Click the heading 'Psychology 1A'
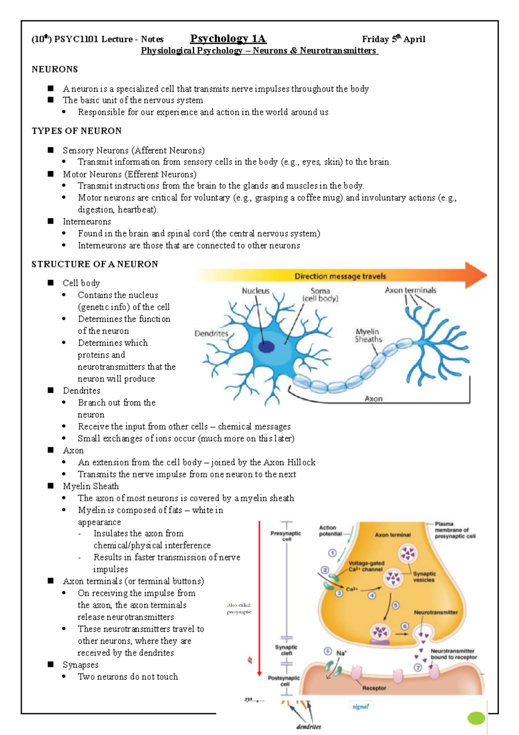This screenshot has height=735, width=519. (228, 39)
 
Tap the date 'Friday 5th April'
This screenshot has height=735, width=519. (393, 39)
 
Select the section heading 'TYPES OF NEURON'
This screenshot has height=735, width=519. (77, 131)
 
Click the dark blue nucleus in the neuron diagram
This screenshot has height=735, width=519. (266, 346)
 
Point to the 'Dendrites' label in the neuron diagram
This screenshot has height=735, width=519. (211, 334)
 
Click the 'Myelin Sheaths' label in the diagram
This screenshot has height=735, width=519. (368, 336)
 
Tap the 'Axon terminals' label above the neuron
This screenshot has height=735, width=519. (410, 290)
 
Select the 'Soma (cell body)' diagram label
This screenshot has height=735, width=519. (320, 295)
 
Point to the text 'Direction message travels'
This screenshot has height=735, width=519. (340, 276)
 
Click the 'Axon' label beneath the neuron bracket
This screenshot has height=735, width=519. (373, 399)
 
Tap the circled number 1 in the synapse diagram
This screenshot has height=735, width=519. (332, 553)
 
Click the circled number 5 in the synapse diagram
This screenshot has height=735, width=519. (395, 606)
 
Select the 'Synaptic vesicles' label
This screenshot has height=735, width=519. (424, 577)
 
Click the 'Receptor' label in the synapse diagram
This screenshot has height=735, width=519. (374, 688)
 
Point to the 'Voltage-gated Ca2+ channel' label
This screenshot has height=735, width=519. (366, 566)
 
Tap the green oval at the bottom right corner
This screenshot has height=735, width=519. (476, 718)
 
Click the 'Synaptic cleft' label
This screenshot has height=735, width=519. (286, 650)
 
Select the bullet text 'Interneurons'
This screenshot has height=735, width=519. (87, 222)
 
